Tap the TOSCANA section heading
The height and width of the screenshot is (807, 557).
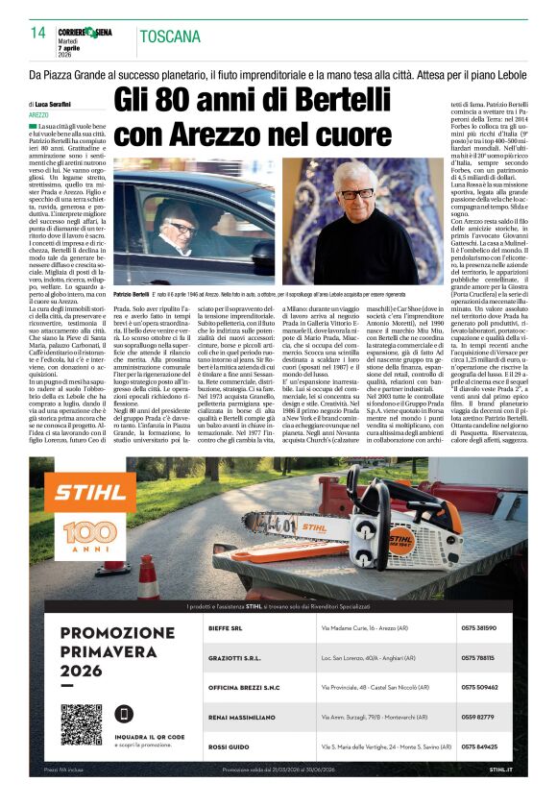pyautogui.click(x=168, y=37)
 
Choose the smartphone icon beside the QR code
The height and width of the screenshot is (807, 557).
pyautogui.click(x=124, y=714)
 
